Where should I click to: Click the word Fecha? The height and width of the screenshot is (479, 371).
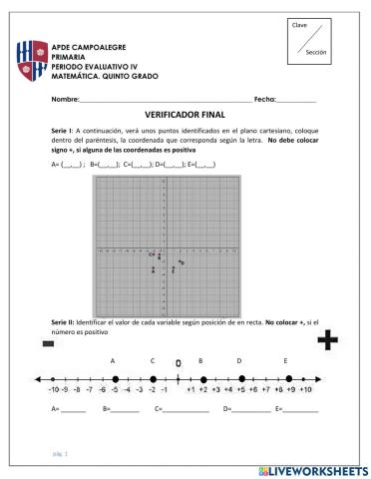coord(264,100)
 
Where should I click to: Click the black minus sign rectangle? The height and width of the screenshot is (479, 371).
coord(47,343)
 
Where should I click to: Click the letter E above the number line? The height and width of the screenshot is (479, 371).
coord(286,360)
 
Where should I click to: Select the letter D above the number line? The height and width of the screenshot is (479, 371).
coord(239,360)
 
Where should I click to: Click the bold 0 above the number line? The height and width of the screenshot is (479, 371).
coord(178,362)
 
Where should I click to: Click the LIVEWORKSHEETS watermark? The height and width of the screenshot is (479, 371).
coord(311,468)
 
